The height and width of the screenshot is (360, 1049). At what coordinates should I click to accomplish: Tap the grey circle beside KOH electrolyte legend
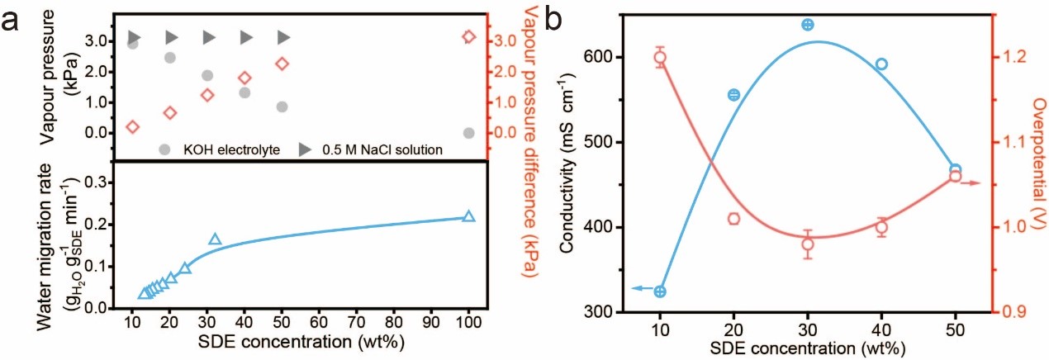(165, 149)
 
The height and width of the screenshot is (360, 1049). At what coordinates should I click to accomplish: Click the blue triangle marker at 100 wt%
(469, 216)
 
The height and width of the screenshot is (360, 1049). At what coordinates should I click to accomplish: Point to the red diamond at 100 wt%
(469, 36)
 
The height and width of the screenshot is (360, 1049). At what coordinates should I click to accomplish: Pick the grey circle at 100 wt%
(469, 133)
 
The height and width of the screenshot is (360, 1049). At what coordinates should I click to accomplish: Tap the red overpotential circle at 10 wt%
(660, 58)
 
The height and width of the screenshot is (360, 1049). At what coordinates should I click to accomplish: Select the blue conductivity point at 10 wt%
(660, 291)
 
